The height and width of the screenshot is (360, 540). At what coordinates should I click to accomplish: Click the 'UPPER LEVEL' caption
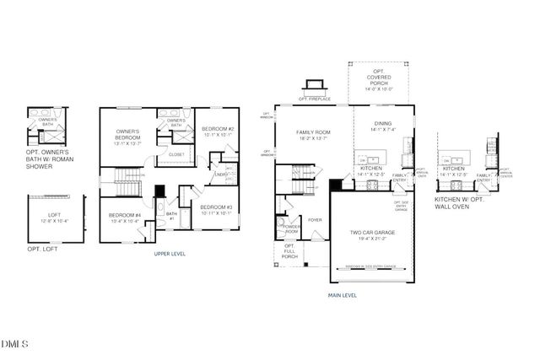[170, 254]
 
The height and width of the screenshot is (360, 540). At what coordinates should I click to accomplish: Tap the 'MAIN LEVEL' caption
[343, 295]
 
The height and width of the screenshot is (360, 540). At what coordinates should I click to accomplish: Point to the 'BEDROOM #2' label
[218, 131]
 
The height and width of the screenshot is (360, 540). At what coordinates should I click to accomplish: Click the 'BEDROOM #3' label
[216, 208]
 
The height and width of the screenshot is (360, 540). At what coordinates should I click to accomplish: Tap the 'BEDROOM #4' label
[125, 217]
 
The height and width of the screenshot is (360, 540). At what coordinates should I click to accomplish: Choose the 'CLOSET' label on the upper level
[177, 154]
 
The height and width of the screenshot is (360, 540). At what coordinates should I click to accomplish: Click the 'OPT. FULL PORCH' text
[289, 250]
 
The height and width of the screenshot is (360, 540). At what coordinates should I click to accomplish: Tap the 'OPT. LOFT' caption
[42, 250]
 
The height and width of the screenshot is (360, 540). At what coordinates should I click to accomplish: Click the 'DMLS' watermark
[15, 344]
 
